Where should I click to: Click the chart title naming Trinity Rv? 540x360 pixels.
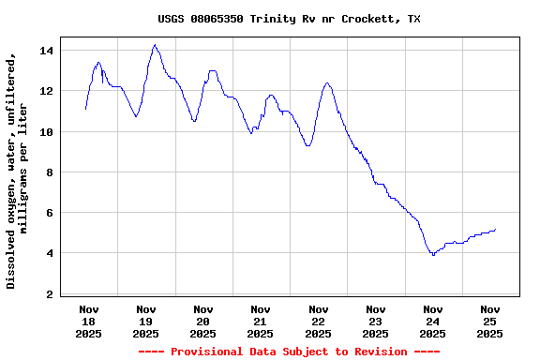tap(289, 19)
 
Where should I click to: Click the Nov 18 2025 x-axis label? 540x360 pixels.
tap(89, 321)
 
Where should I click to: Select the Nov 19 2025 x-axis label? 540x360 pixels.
tap(146, 321)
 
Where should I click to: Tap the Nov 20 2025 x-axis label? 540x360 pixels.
tap(203, 321)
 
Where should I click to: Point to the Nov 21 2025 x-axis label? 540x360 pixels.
tap(261, 321)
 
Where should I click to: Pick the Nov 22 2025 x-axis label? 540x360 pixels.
tap(319, 321)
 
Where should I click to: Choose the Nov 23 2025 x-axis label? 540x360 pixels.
tap(376, 321)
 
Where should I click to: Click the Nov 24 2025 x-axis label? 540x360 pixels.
tap(433, 321)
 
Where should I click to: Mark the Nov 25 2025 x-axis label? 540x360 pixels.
tap(490, 321)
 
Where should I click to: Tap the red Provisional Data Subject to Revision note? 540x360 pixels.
tap(289, 352)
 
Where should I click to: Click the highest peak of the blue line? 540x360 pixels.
tap(155, 45)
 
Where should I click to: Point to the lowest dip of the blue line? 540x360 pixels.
tap(433, 255)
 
